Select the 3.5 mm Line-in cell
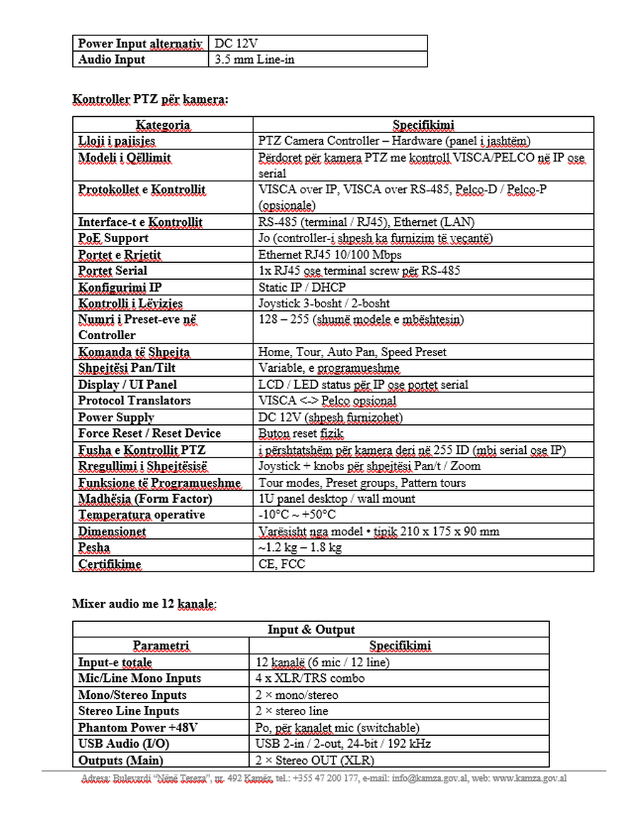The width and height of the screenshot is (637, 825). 254,59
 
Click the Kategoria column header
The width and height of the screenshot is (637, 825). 163,125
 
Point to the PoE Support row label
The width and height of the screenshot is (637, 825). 113,238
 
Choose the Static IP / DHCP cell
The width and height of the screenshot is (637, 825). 302,287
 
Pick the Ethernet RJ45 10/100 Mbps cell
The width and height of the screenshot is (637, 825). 330,254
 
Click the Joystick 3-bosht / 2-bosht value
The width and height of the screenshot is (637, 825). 324,303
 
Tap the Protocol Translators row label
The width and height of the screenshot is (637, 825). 134,401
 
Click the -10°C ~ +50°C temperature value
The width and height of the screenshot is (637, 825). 297,515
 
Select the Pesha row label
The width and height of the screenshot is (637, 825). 94,547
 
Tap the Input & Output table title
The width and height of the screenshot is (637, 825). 311,630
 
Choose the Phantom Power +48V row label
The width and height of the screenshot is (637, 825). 138,727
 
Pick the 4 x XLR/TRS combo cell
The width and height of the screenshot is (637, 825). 310,678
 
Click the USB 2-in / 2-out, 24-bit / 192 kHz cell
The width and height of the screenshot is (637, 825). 343,744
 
